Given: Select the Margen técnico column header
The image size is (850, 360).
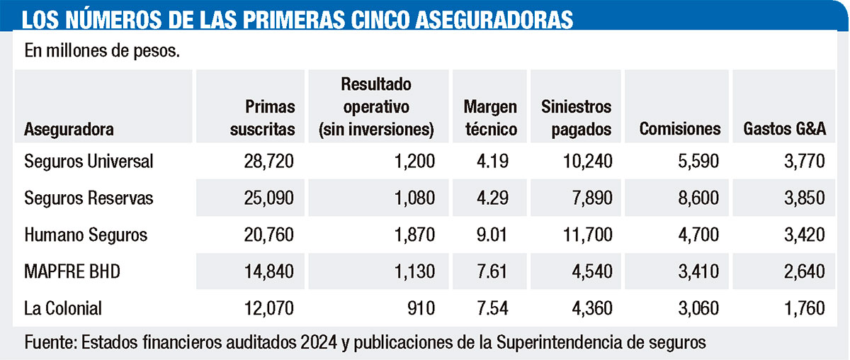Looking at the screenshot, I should click(x=490, y=118).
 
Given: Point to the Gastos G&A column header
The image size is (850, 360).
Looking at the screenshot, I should click(x=784, y=129).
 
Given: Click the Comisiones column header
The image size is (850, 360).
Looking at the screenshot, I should click(x=679, y=129).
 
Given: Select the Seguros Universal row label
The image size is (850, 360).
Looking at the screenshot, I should click(x=89, y=162).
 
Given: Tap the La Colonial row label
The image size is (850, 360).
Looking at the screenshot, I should click(x=63, y=308).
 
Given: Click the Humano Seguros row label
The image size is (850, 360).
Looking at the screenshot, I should click(x=86, y=235).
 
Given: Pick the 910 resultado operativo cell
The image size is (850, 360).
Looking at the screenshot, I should click(x=420, y=308).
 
